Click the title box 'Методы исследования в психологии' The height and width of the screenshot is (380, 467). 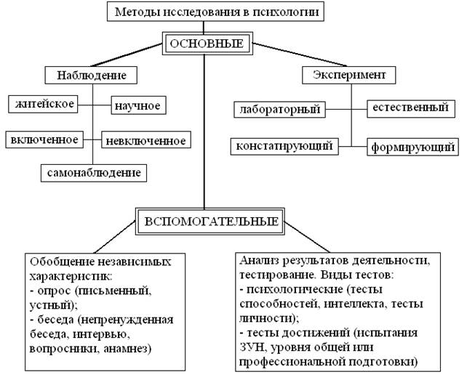[x=215, y=12]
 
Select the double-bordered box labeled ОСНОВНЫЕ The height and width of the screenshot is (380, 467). [x=207, y=44]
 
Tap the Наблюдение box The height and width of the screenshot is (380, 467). [x=91, y=75]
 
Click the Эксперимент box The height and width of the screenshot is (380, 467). [x=348, y=75]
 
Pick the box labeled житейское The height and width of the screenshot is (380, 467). [x=43, y=104]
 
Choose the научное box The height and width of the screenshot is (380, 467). [x=138, y=105]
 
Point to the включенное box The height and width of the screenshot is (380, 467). [x=44, y=140]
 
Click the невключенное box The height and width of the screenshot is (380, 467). [x=146, y=140]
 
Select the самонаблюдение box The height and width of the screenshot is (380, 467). [x=94, y=173]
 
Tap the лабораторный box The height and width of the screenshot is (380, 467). [x=279, y=110]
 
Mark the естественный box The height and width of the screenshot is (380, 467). [x=411, y=108]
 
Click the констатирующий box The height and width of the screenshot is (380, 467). [x=284, y=146]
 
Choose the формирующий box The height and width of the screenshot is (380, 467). [x=412, y=147]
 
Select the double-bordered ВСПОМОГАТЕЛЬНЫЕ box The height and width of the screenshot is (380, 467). [x=210, y=222]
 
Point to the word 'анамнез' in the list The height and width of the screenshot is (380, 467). [x=127, y=349]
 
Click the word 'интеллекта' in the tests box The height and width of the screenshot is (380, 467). [x=355, y=304]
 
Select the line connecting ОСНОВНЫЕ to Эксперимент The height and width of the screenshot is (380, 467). [x=300, y=54]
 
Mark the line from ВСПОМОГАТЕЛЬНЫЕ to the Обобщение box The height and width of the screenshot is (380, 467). [x=115, y=237]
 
